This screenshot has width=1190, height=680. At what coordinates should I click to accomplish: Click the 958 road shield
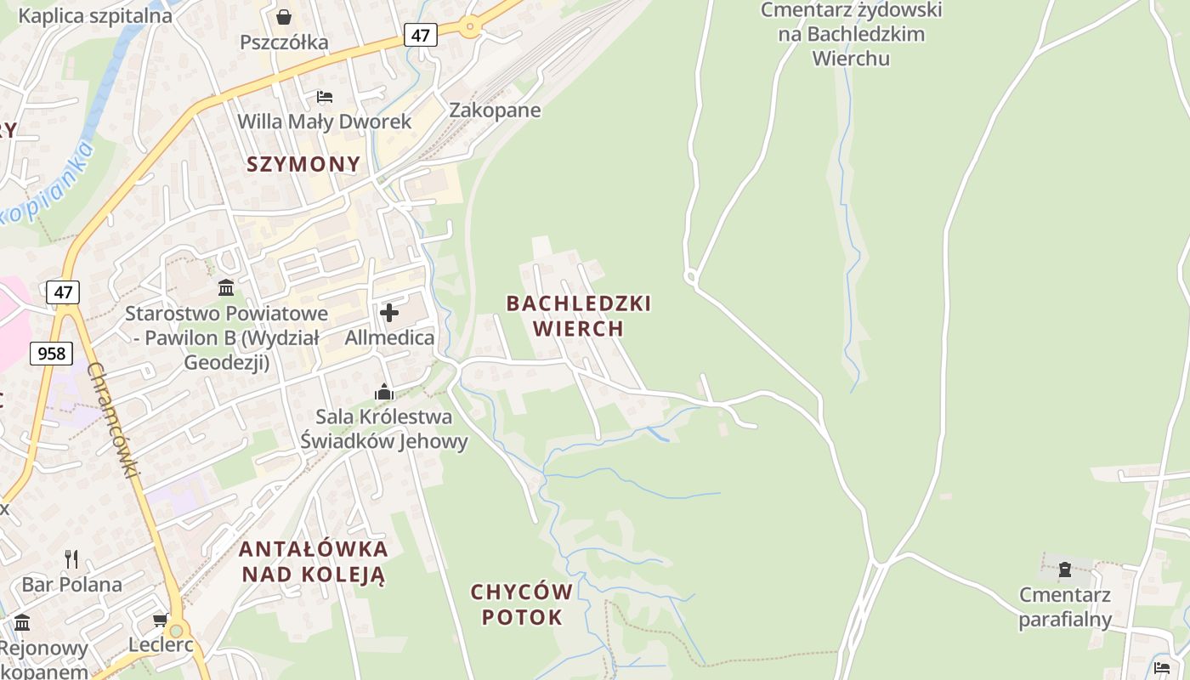coord(51,353)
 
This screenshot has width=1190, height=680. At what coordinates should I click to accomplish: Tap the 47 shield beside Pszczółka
coord(420,35)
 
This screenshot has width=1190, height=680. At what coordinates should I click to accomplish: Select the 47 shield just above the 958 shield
coord(63,292)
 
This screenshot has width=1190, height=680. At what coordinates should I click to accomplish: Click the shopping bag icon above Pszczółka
coord(284,17)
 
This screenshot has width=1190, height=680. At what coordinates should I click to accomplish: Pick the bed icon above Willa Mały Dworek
coord(324,97)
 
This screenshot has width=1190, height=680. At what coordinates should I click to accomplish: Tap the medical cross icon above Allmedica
coord(389,313)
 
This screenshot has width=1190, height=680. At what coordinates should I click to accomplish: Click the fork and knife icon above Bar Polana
coord(72,558)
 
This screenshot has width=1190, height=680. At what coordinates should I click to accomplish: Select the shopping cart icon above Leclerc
coord(160,620)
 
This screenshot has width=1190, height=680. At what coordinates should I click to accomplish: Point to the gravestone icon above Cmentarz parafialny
coord(1064,569)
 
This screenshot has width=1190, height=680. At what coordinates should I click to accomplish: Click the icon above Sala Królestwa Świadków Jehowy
coord(384,392)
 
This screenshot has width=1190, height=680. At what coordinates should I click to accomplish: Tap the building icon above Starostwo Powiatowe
coord(226,287)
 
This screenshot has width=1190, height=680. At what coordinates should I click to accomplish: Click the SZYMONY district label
coord(303,164)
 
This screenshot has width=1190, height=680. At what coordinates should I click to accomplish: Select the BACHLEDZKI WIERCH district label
coord(578,315)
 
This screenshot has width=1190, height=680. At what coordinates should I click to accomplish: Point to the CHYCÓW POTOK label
coord(522,604)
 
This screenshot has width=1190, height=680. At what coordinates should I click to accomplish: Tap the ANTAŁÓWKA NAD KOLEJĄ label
coord(313,561)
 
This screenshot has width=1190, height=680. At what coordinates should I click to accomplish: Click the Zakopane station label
coord(495,110)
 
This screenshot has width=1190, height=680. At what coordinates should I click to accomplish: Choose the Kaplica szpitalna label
coord(94,15)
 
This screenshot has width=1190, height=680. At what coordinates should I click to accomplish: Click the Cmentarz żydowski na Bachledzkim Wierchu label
coord(851,34)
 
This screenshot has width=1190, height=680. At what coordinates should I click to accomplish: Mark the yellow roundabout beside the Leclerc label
coord(176,631)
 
